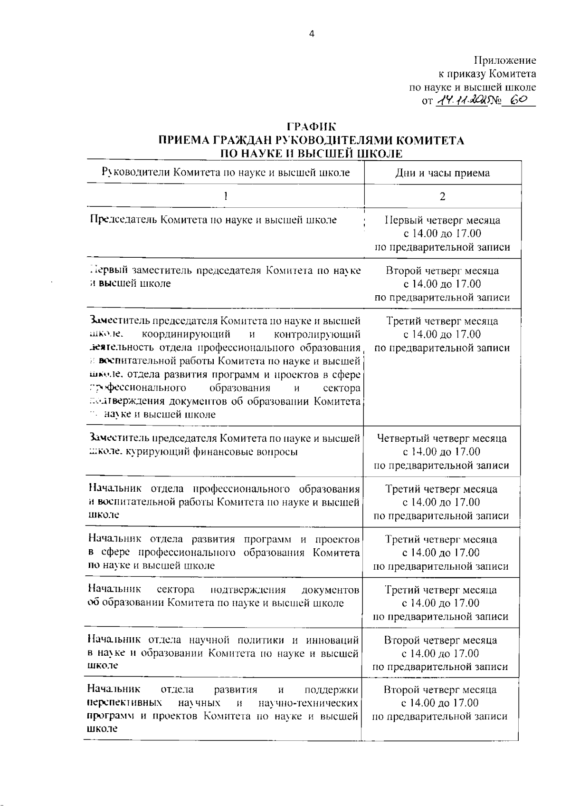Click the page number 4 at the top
point(312,34)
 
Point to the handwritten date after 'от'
point(461,101)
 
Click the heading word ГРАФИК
point(311,127)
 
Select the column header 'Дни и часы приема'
point(442,173)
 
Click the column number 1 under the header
point(226,196)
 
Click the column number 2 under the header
point(442,196)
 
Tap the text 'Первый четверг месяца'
point(442,221)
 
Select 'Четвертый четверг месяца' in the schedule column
point(442,438)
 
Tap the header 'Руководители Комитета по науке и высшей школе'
point(226,172)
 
